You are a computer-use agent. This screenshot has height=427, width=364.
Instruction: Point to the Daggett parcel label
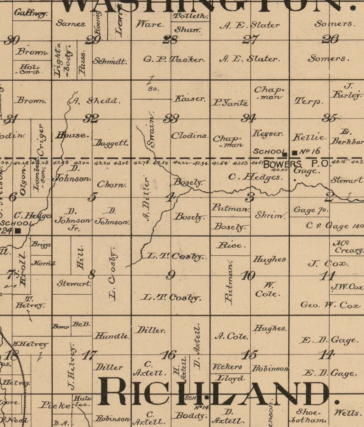point(110,143)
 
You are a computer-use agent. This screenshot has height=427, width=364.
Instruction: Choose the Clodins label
point(189,136)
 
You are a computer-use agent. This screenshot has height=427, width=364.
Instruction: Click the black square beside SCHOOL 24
point(18,230)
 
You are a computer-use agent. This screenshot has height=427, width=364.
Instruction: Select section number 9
point(171,275)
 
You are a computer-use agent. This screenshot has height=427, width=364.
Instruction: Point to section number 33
point(171,118)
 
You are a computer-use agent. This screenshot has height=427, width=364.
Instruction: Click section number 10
point(248,275)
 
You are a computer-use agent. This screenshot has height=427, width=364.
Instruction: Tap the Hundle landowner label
point(111,336)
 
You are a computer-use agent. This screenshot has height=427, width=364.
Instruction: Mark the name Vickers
point(227,367)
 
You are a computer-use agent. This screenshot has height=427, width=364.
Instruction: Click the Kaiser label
point(189,99)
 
